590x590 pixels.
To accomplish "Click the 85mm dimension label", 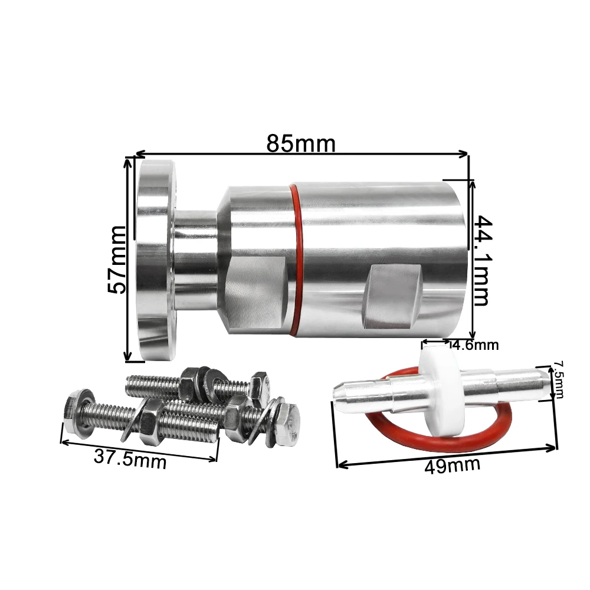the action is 301,143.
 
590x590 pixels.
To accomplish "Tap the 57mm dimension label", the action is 116,260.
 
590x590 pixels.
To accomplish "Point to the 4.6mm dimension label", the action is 475,345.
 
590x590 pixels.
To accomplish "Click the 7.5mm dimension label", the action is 558,379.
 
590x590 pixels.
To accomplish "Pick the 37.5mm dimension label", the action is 130,459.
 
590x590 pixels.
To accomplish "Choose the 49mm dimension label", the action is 452,466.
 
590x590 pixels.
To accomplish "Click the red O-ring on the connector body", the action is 298,260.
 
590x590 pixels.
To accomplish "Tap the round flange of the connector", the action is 156,260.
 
